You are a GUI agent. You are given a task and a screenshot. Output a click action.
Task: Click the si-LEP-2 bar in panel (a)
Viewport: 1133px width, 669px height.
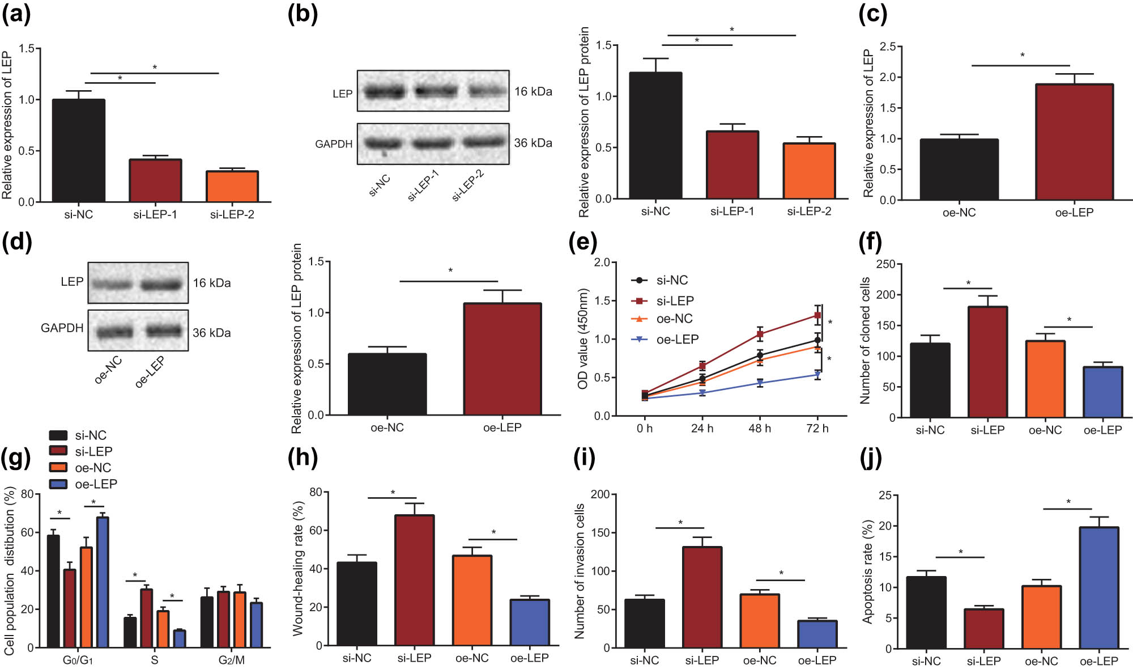tap(232, 187)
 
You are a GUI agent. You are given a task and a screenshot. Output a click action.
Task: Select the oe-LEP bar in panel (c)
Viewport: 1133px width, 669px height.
tap(1074, 142)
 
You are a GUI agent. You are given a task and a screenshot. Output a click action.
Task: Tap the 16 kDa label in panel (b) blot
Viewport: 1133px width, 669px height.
tap(533, 91)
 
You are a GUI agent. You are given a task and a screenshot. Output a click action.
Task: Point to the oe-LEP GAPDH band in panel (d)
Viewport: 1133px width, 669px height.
tap(164, 330)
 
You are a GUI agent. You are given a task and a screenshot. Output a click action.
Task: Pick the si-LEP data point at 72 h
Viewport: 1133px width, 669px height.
tap(817, 315)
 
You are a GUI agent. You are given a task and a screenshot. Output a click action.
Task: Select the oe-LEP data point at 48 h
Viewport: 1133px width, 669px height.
tap(760, 383)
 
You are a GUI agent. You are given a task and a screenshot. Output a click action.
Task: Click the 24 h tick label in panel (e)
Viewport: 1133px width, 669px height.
tap(702, 429)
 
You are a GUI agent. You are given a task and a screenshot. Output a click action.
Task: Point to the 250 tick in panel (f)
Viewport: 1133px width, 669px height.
tap(885, 264)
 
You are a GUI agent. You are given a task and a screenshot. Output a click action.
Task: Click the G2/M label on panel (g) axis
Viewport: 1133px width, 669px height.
tap(231, 660)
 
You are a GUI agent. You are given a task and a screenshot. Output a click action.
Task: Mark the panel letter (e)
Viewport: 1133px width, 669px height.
tap(582, 243)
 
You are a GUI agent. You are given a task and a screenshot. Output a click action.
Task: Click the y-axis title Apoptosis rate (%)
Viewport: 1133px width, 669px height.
tap(867, 573)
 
